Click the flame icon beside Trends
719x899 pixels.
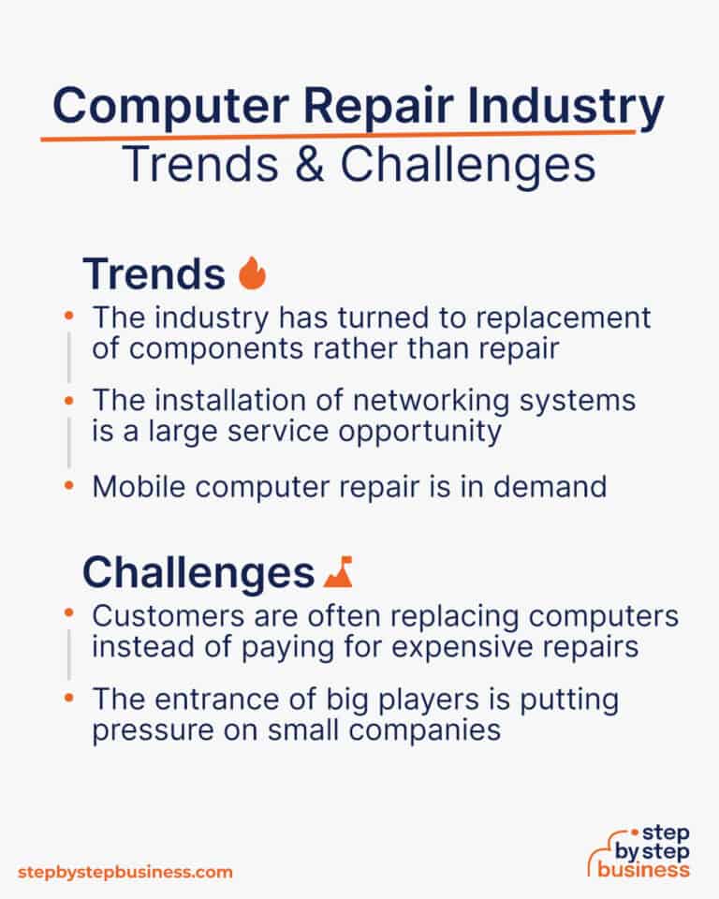coord(253,273)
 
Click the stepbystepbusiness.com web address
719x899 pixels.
coord(125,872)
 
